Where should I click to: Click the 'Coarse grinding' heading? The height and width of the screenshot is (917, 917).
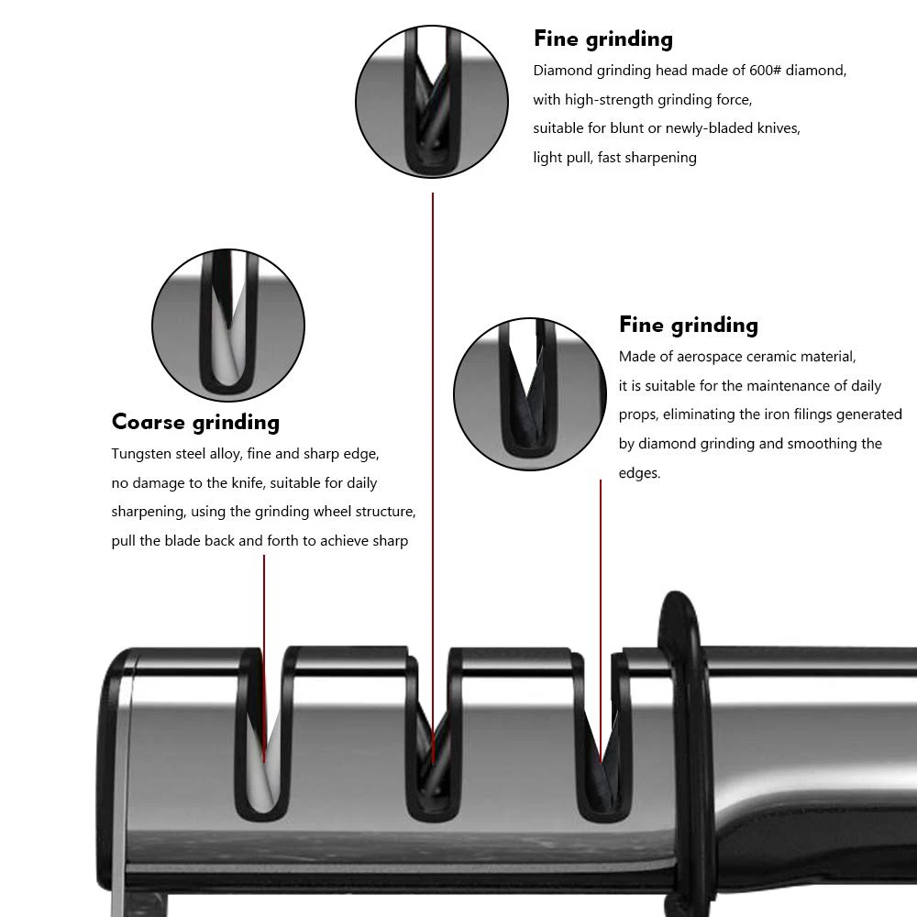(195, 423)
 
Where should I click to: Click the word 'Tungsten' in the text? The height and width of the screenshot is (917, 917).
(140, 454)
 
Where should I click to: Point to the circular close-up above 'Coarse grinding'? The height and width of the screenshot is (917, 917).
(228, 326)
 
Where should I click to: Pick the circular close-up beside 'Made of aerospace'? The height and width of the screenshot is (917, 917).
(529, 389)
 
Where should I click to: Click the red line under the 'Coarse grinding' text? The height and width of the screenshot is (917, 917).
(264, 642)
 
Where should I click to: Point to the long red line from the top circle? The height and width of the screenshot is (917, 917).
(433, 458)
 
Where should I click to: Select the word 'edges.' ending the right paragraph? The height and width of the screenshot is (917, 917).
(639, 473)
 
